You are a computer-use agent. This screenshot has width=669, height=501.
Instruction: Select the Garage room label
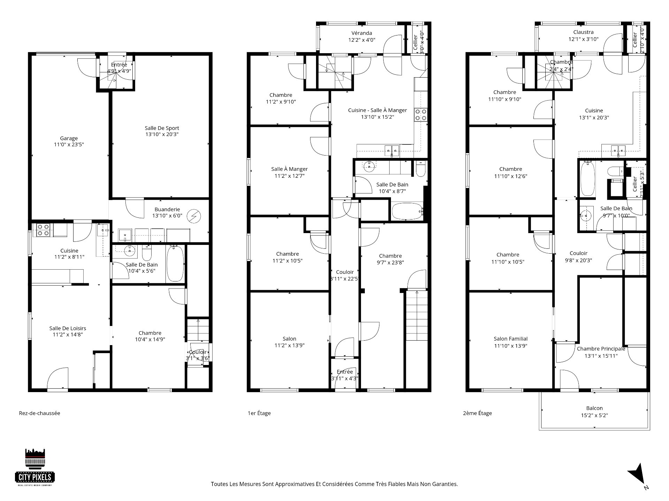click(69, 138)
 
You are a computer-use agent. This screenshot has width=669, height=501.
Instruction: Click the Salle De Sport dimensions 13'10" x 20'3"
click(162, 134)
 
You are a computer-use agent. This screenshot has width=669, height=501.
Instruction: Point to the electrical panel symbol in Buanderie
click(192, 217)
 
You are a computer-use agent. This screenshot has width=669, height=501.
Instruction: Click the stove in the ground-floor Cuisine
click(43, 230)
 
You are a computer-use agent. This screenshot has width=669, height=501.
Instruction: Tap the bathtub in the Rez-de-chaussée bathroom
click(175, 263)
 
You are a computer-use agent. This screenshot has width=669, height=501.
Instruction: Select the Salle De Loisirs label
click(68, 328)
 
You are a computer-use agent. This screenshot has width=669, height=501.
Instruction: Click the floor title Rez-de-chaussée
click(39, 413)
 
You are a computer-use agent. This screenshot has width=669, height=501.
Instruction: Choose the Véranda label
click(361, 33)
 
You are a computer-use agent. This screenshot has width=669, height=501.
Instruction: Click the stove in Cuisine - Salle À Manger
click(420, 115)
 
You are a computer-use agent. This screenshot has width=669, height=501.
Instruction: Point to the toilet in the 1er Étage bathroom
click(420, 169)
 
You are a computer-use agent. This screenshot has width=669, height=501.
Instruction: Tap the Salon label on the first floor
click(289, 339)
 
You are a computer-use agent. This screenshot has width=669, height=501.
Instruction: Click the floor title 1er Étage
click(259, 413)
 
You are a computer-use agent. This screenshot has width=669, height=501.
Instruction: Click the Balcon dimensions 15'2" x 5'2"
click(594, 415)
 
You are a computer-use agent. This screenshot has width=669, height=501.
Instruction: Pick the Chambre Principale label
click(601, 349)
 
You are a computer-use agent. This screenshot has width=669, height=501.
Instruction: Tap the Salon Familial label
click(510, 339)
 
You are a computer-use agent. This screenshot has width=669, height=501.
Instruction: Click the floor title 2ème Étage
click(477, 413)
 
